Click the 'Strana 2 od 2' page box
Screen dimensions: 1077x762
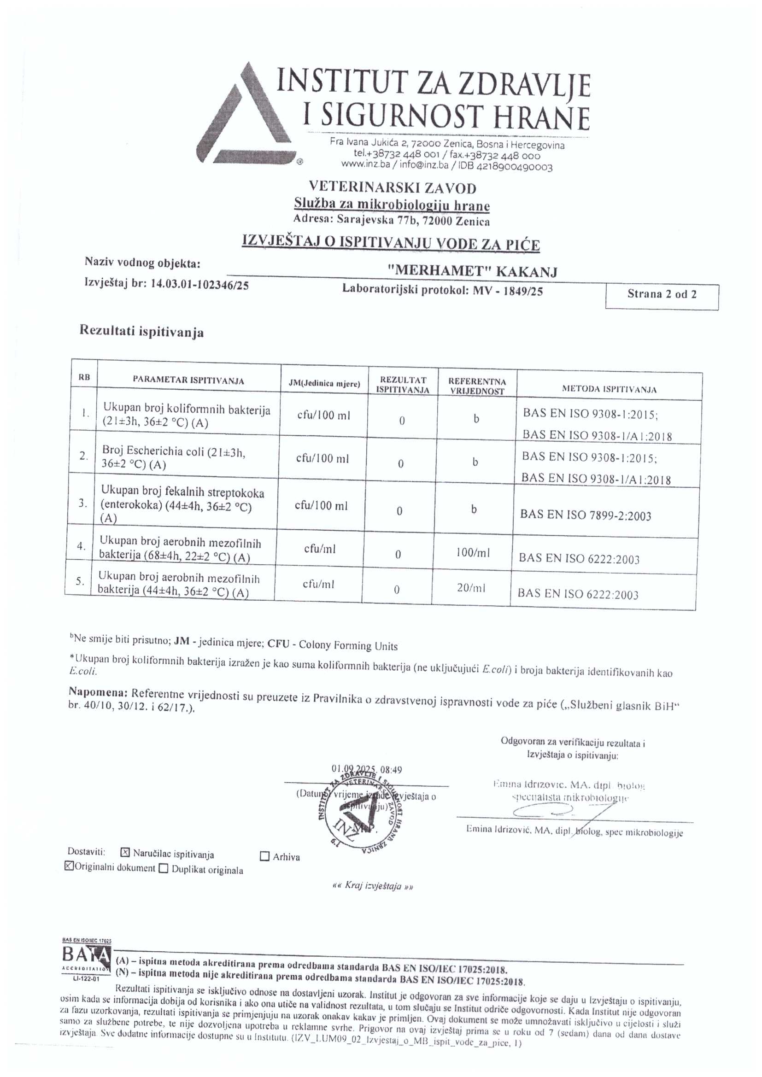662,295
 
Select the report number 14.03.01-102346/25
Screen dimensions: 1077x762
199,284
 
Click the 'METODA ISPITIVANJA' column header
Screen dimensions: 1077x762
609,389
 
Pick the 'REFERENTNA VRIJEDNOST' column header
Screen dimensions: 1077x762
477,386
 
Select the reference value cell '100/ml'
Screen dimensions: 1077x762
473,553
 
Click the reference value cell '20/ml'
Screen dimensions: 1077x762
471,588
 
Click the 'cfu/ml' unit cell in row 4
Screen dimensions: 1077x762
320,549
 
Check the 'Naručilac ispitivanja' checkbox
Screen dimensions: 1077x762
125,853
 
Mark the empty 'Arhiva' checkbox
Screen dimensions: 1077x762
264,856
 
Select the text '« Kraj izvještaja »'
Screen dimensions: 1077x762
372,886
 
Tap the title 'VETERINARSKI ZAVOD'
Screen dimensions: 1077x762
392,188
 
